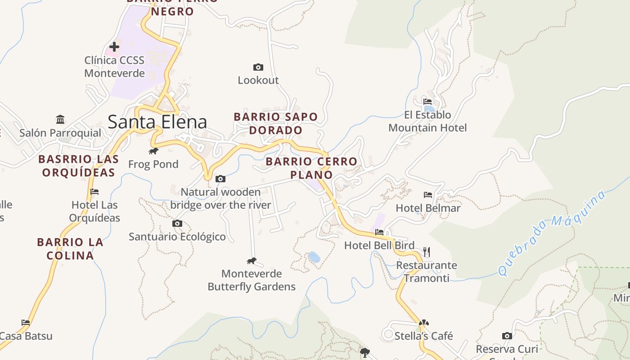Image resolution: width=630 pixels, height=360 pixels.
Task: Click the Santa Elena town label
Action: (x=157, y=122)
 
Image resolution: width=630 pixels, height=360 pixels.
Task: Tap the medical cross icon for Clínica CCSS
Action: (x=114, y=46)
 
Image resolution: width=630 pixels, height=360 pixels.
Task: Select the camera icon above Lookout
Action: (x=258, y=67)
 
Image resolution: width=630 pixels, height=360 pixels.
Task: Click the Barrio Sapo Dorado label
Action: (x=275, y=123)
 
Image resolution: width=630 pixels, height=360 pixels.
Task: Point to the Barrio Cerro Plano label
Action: (x=311, y=168)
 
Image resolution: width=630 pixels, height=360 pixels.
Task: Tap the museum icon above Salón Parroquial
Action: (x=60, y=119)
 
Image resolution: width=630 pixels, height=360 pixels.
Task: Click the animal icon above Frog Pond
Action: (x=153, y=151)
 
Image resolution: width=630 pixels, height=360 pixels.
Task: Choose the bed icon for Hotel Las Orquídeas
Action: (x=94, y=192)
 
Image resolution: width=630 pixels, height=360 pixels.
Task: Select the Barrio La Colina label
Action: (x=70, y=249)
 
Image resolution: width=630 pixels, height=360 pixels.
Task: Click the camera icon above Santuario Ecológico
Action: (x=177, y=223)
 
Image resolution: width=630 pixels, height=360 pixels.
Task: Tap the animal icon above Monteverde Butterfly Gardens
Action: (x=251, y=261)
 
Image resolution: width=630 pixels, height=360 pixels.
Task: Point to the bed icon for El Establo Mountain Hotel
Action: (x=427, y=102)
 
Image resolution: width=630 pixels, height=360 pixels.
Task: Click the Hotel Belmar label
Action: (x=428, y=208)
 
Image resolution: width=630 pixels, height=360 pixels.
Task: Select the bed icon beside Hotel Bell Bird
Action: (x=379, y=232)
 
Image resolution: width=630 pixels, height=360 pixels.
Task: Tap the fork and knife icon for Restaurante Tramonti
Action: (x=427, y=252)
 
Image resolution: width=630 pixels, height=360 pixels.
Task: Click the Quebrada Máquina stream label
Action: (x=551, y=233)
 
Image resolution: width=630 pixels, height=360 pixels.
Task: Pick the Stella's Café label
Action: (x=423, y=336)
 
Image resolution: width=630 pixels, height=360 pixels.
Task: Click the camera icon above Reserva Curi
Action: (x=507, y=336)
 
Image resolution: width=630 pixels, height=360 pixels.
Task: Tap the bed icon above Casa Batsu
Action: (x=26, y=323)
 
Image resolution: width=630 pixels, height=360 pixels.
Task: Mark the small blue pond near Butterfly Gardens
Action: (x=314, y=257)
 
